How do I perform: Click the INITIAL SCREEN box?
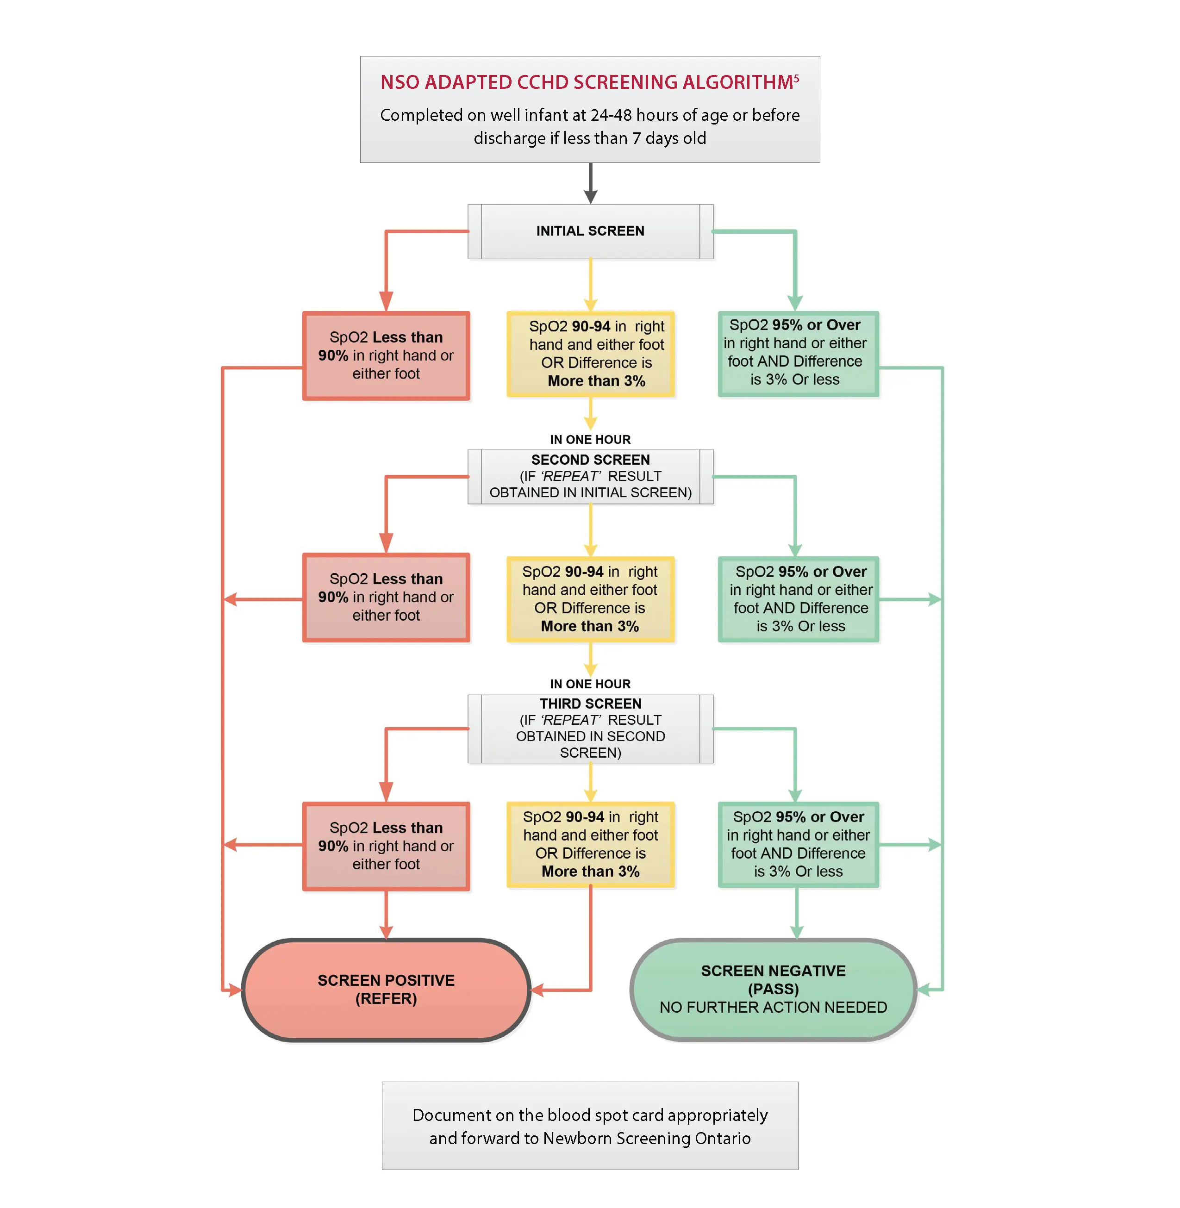pyautogui.click(x=590, y=231)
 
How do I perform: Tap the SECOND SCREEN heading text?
pyautogui.click(x=590, y=460)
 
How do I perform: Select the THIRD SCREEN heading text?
pyautogui.click(x=590, y=704)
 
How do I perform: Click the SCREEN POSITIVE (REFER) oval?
pyautogui.click(x=386, y=990)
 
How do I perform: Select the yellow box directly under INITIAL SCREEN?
pyautogui.click(x=590, y=354)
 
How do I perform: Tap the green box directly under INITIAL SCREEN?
pyautogui.click(x=798, y=354)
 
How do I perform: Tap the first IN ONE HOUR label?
pyautogui.click(x=590, y=439)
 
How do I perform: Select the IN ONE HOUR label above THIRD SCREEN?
pyautogui.click(x=590, y=684)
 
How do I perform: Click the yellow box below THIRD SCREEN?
pyautogui.click(x=590, y=844)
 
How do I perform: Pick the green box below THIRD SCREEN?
pyautogui.click(x=798, y=844)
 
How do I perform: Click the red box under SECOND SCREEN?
pyautogui.click(x=386, y=597)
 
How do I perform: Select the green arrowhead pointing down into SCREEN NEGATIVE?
pyautogui.click(x=797, y=932)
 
